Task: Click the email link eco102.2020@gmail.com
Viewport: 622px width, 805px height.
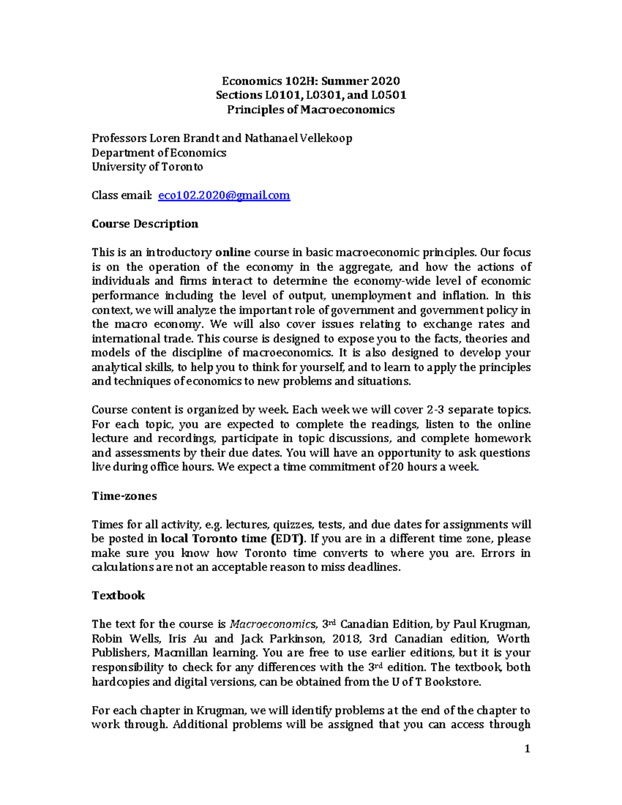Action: [x=223, y=195]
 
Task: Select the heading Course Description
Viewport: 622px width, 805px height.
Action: [x=145, y=224]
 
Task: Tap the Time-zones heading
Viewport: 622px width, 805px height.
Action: [x=124, y=496]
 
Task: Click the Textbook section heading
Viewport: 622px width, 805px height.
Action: [x=118, y=596]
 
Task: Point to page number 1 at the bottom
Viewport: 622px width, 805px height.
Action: [x=527, y=748]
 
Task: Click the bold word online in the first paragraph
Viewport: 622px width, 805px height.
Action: [x=233, y=252]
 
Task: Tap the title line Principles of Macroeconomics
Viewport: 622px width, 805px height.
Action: [x=311, y=110]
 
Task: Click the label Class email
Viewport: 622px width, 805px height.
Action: [x=121, y=195]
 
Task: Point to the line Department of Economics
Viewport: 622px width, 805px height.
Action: [x=159, y=153]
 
